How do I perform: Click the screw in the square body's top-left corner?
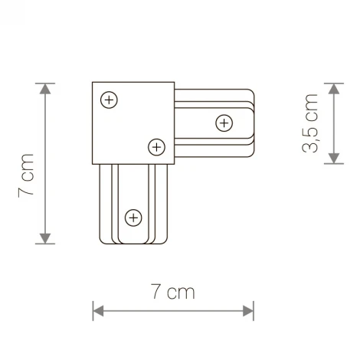[110, 100]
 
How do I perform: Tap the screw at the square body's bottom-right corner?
[156, 146]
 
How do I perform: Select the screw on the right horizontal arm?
[224, 122]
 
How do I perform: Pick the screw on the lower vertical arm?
[133, 218]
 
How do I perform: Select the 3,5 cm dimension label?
[310, 123]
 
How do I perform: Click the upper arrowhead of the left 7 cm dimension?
[47, 89]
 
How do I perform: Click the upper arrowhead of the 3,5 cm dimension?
[333, 89]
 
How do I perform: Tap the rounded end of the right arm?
[251, 122]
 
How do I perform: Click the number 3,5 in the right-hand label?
[310, 138]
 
